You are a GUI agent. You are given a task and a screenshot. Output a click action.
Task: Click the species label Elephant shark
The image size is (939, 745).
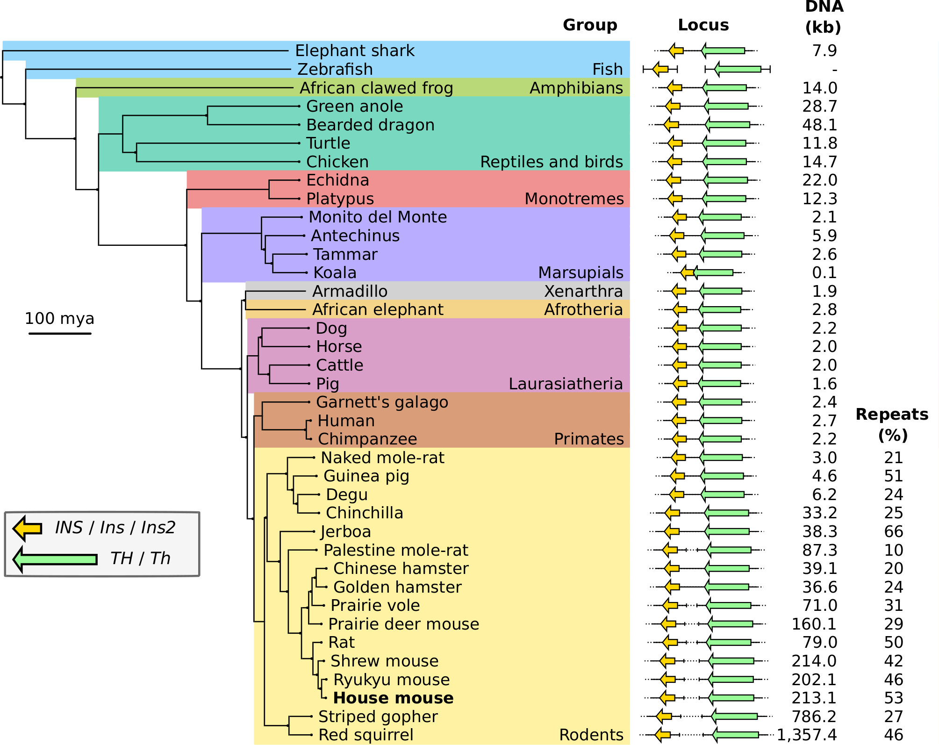click(354, 50)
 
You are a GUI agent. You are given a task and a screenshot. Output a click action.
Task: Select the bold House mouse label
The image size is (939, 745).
click(393, 698)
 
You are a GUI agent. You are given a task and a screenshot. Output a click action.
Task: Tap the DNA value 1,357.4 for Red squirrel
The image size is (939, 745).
click(807, 735)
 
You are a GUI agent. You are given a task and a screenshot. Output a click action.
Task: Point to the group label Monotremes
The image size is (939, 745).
click(574, 199)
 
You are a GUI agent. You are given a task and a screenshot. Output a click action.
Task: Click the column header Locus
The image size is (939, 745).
click(703, 25)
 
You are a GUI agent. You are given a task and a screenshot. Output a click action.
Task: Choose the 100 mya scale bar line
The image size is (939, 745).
click(60, 333)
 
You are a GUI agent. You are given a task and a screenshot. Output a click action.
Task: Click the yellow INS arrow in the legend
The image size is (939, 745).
click(27, 528)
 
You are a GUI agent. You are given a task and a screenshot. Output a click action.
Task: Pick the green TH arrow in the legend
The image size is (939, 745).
click(55, 559)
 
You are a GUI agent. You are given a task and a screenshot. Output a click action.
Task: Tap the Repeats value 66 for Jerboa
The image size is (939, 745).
click(893, 531)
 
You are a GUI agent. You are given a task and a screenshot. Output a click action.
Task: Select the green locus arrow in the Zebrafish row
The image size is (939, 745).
click(738, 69)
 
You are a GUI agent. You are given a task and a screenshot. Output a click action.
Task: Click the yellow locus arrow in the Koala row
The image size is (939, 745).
click(687, 272)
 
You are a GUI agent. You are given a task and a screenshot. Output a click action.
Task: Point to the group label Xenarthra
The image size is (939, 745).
click(583, 291)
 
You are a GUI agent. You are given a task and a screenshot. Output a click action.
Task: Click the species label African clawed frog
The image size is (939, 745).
click(376, 88)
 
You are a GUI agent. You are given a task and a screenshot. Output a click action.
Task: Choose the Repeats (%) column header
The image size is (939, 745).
click(892, 424)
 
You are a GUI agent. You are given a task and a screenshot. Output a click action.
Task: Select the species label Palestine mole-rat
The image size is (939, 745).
click(395, 550)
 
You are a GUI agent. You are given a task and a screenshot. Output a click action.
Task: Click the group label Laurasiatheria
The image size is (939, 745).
click(566, 384)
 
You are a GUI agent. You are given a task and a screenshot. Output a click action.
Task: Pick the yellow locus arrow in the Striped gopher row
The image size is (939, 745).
click(664, 716)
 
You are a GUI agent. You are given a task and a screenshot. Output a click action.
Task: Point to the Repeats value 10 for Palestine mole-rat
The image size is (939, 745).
click(893, 550)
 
